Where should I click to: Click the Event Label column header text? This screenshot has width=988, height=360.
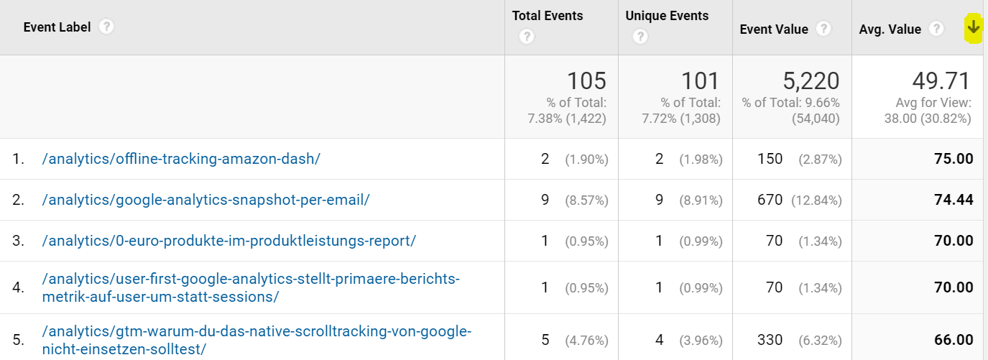click(x=57, y=27)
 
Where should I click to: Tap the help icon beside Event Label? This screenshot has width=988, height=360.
click(x=106, y=27)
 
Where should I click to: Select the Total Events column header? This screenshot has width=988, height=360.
click(x=548, y=16)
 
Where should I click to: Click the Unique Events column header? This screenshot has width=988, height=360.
click(x=667, y=16)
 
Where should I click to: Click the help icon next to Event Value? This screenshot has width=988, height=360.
click(x=824, y=29)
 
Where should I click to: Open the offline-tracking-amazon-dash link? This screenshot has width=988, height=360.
click(x=181, y=159)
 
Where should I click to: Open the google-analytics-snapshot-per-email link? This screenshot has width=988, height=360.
click(x=206, y=200)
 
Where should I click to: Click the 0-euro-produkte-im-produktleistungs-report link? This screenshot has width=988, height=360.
click(x=228, y=241)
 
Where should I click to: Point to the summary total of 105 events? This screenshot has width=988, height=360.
click(x=586, y=80)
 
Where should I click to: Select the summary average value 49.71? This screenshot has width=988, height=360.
click(x=941, y=80)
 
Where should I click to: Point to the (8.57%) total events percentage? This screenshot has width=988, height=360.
click(x=586, y=200)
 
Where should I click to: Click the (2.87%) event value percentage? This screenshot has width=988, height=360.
click(x=819, y=159)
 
